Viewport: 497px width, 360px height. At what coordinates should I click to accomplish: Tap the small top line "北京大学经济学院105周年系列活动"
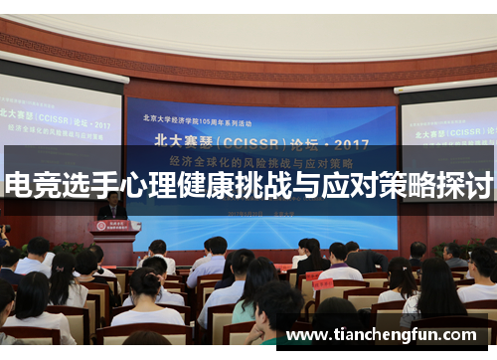199,116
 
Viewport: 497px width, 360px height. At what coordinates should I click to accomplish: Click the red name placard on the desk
323,282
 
